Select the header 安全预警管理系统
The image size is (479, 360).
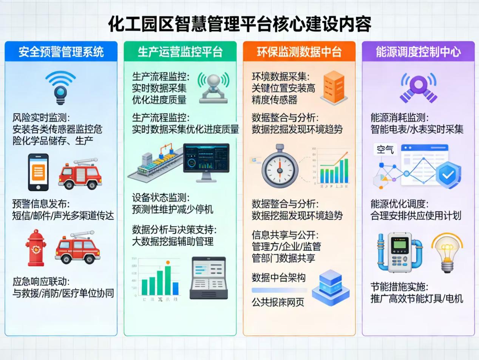tap(61, 52)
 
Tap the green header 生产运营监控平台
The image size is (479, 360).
tap(180, 52)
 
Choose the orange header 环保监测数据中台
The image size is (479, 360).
tap(299, 52)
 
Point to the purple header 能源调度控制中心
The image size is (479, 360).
tap(418, 52)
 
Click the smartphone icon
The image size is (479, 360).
tap(39, 172)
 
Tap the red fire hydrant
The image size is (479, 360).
tap(36, 247)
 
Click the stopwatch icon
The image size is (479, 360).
tap(280, 166)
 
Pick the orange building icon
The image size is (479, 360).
tap(334, 88)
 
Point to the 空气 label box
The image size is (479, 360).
tap(385, 150)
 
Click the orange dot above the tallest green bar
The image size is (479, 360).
tap(168, 262)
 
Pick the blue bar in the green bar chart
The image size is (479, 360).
tap(175, 288)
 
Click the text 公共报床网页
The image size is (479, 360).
tap(278, 302)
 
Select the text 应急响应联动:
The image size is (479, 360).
tap(41, 281)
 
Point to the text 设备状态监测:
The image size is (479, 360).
tap(161, 198)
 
